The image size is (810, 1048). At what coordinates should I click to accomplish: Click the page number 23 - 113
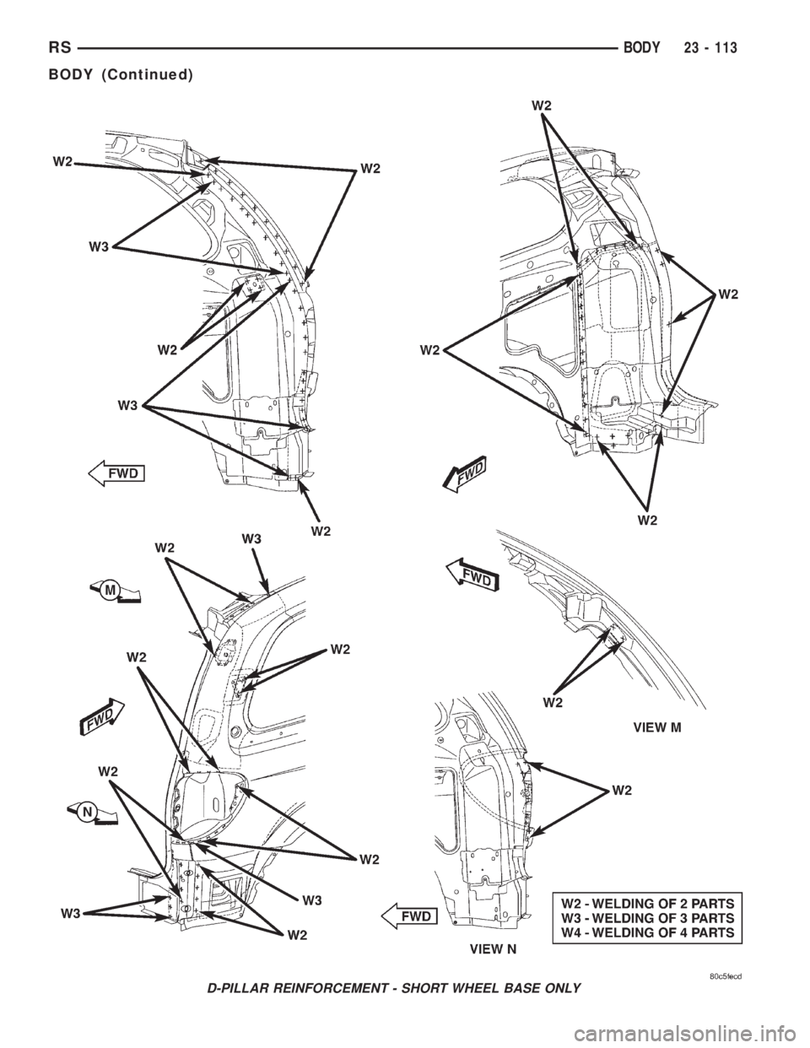point(710,48)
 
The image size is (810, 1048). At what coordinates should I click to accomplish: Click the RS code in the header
point(60,48)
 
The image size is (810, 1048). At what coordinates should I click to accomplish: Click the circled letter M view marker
point(115,592)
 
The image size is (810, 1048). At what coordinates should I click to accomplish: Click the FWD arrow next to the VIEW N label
point(409,916)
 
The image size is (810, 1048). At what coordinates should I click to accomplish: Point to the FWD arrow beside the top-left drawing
point(116,473)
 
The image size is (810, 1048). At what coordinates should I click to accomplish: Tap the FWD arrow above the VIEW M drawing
point(472,574)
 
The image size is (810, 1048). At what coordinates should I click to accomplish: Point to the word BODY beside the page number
point(640,48)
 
